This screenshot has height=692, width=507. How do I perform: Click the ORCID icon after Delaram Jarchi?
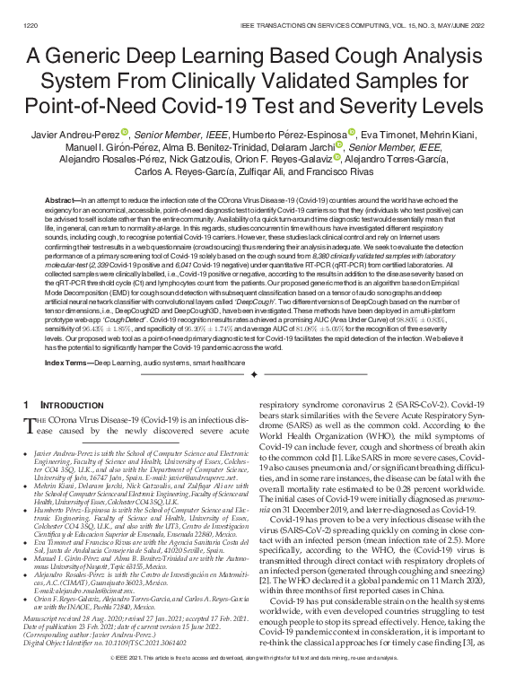[342, 146]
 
